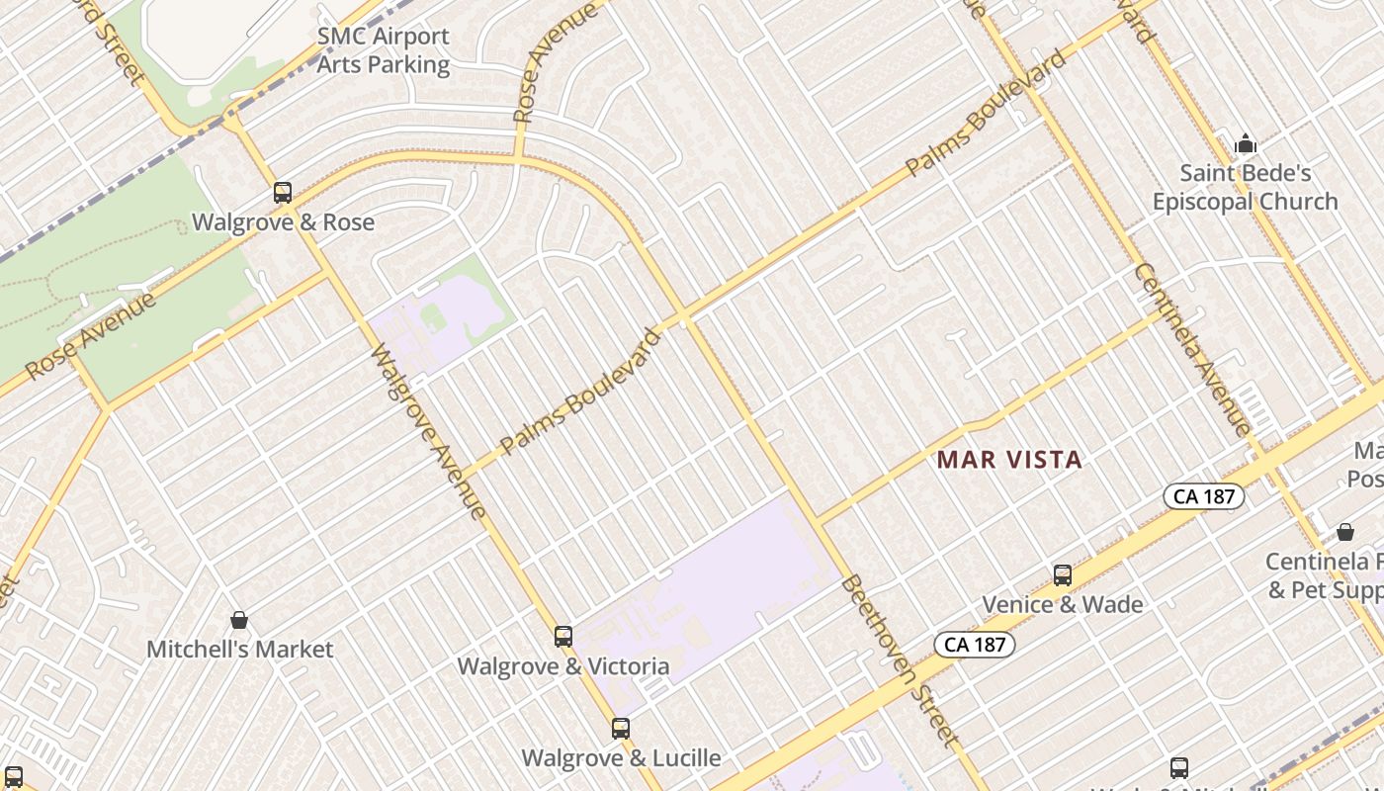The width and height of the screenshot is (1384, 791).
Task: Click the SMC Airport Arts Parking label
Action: click(383, 51)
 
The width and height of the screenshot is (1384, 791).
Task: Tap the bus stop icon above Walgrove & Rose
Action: click(283, 193)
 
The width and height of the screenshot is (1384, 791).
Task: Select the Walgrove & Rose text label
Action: click(283, 221)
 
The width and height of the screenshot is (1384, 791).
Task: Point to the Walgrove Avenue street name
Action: click(428, 431)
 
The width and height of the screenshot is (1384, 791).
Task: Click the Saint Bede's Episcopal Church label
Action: click(1245, 188)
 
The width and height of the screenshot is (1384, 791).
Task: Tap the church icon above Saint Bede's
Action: click(1246, 145)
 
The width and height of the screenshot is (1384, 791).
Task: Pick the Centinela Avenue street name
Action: click(1191, 348)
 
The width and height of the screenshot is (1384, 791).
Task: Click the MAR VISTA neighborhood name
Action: click(1009, 460)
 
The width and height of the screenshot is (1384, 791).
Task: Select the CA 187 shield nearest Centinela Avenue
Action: click(1202, 496)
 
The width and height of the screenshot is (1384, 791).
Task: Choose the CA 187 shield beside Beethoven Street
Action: click(975, 645)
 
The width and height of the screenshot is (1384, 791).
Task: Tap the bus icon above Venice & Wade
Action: click(1063, 574)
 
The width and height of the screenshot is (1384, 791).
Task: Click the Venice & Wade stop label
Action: click(1063, 604)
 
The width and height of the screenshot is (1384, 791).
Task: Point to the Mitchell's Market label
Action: click(240, 650)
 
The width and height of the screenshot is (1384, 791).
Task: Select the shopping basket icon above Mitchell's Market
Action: click(239, 620)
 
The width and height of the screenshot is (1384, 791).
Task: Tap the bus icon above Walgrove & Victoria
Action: click(563, 637)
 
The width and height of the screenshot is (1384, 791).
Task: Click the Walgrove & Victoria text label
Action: click(563, 666)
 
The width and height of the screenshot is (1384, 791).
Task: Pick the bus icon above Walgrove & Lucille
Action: click(621, 729)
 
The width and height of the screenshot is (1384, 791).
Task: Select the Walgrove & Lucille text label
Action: click(621, 758)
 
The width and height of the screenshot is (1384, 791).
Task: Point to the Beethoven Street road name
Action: click(899, 660)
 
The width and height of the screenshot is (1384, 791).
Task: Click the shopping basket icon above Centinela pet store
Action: click(1345, 532)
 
